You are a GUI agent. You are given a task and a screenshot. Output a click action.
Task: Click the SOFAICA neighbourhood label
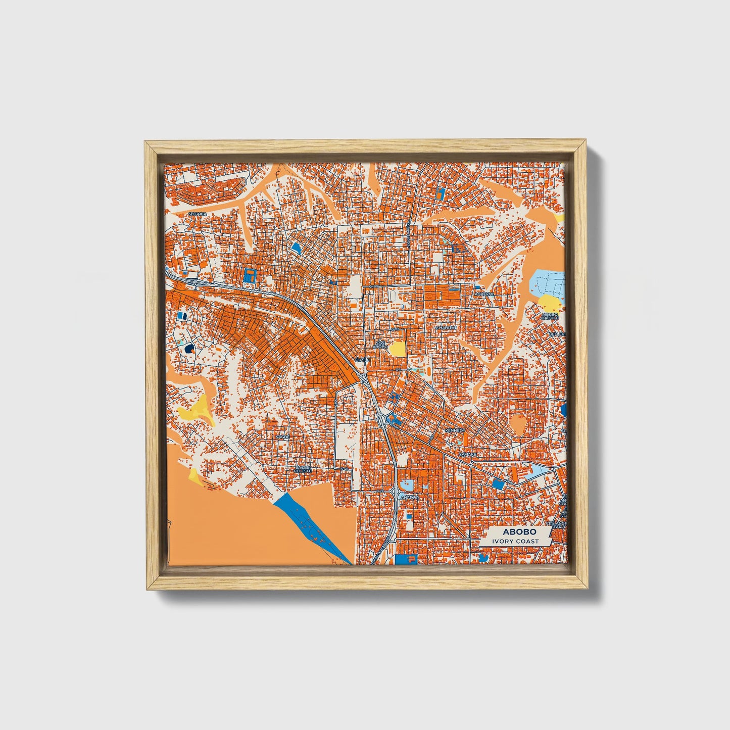point(198,214)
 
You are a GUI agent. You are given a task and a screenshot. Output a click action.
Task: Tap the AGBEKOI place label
point(483,294)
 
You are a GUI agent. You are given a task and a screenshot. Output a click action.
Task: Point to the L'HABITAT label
point(446,327)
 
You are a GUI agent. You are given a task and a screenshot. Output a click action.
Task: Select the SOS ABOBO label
point(380,345)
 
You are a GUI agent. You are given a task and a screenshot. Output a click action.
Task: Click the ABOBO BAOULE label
point(550,316)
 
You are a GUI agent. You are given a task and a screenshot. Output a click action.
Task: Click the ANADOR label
point(409,498)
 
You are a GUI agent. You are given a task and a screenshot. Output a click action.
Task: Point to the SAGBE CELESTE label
point(303,469)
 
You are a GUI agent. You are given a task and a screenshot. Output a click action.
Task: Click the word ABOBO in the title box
point(512,532)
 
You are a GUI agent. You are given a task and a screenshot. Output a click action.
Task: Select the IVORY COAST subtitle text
point(512,542)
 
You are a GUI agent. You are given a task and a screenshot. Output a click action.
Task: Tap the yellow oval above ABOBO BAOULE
point(550,303)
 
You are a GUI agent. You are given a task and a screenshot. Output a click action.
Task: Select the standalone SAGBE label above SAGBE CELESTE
point(282,436)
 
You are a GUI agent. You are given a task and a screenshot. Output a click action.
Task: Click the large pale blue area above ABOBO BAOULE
point(550,281)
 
